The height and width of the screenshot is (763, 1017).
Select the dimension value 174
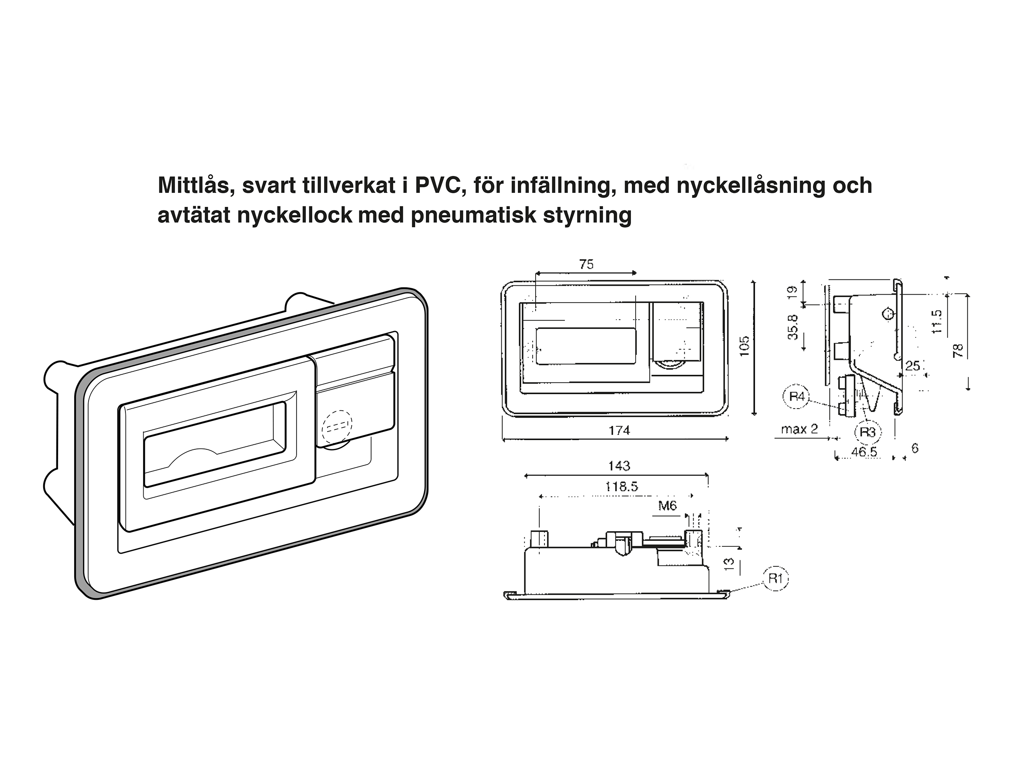[619, 431]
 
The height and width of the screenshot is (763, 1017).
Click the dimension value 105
[745, 346]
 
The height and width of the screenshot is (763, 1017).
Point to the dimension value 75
[586, 265]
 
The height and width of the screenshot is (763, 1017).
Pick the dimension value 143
[619, 466]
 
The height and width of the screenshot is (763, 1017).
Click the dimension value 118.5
[622, 487]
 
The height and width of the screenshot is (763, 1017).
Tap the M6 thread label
[667, 506]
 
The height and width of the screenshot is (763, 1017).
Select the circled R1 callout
[775, 578]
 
